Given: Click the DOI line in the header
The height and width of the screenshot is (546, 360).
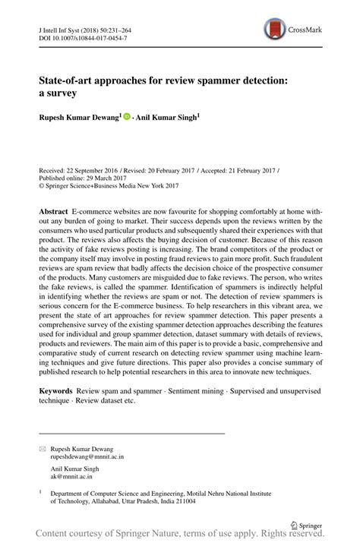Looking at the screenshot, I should [x=74, y=37].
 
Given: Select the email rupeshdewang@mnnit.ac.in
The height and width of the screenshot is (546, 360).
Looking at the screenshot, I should [x=87, y=458].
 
